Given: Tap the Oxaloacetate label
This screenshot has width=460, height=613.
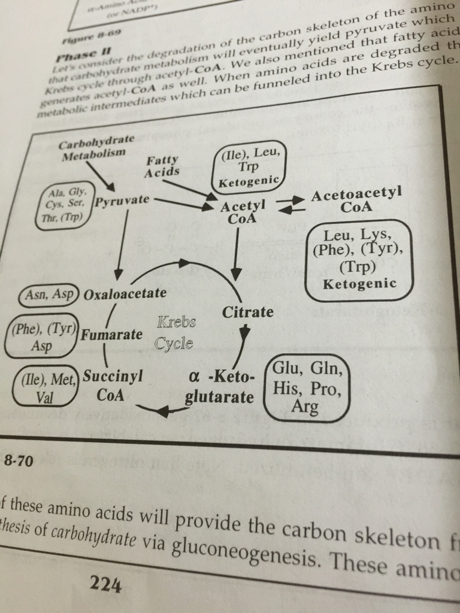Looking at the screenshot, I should [125, 294].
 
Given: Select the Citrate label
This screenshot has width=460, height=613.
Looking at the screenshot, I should [247, 312].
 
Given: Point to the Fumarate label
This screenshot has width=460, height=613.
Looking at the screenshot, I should [112, 334].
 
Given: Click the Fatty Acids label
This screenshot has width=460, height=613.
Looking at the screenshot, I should [162, 166].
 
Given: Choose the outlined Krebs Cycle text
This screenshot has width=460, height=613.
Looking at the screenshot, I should [175, 333].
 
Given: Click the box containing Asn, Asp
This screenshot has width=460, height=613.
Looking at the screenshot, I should [49, 294].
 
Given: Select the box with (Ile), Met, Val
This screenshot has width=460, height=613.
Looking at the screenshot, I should [46, 386].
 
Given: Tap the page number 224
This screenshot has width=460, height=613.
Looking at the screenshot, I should [105, 584].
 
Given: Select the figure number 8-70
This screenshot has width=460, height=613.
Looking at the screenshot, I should [18, 461].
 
